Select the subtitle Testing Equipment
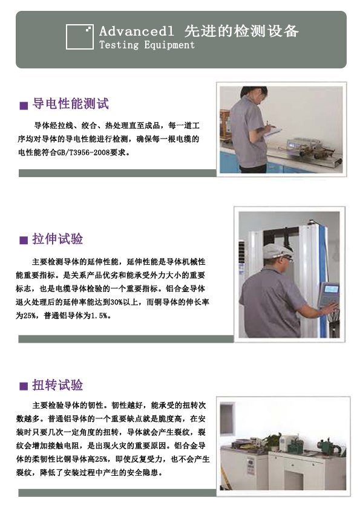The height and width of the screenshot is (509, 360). (146, 45)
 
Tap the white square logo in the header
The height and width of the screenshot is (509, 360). (80, 36)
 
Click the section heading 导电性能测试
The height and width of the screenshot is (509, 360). (71, 104)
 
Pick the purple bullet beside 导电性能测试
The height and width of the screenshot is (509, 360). (24, 106)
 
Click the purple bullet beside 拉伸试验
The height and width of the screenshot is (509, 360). (24, 241)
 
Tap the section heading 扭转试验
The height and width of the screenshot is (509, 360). (57, 385)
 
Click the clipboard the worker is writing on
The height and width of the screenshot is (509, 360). (273, 131)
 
